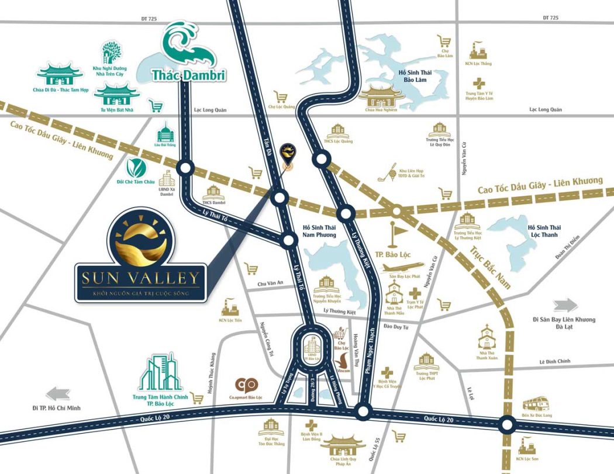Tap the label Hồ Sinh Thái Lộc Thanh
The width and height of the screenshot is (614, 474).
[x=542, y=231]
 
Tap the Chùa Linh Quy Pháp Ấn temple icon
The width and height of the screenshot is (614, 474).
[x=343, y=444]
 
